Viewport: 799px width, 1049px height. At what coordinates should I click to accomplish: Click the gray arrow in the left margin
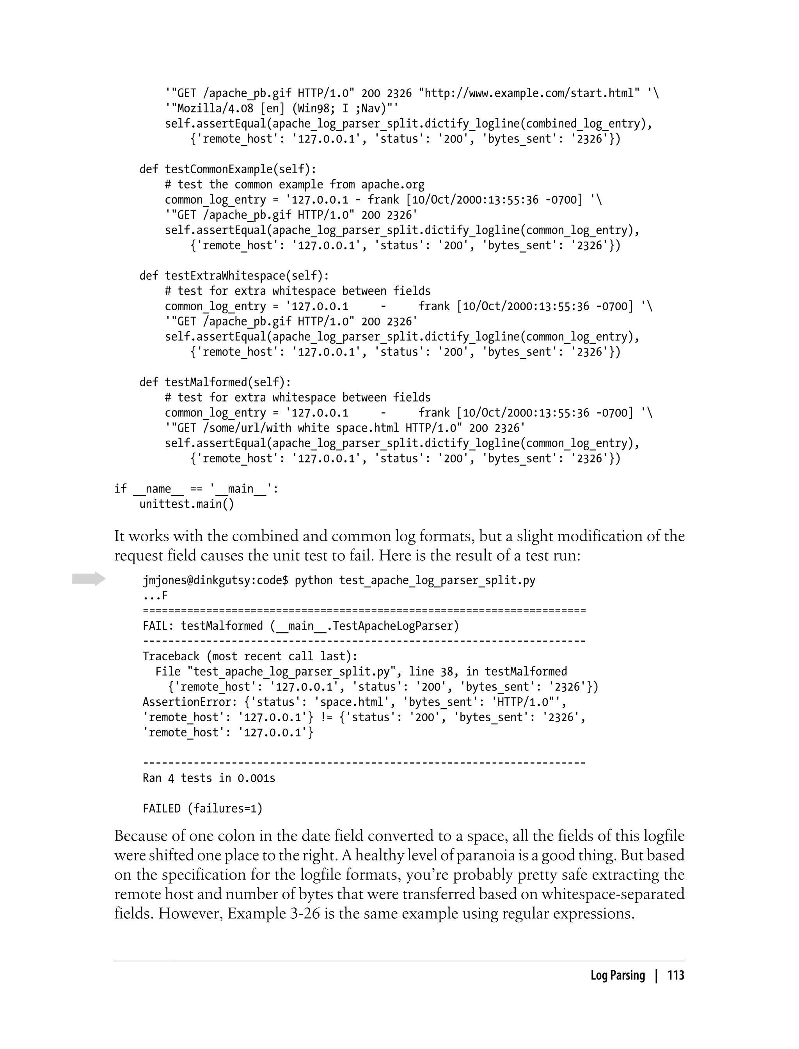89,578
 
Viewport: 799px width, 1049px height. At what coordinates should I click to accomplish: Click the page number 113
676,976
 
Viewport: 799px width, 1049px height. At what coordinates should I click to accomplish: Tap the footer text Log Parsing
617,976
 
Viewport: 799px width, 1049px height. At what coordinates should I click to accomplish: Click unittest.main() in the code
187,504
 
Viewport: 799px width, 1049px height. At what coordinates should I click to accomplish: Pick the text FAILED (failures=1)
202,809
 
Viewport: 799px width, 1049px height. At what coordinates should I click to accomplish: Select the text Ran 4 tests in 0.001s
209,778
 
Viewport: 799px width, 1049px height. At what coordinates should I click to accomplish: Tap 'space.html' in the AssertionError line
352,702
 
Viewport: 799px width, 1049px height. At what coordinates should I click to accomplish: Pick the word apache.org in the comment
393,185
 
